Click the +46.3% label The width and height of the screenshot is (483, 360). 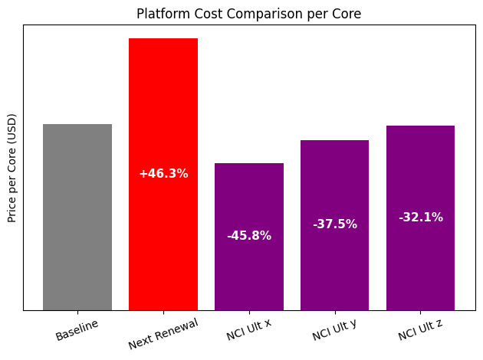click(x=163, y=174)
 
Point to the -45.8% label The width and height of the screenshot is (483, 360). click(x=249, y=236)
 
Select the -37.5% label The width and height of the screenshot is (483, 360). click(x=334, y=224)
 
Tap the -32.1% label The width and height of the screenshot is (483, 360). click(x=420, y=218)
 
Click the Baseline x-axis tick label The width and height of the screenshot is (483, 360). click(x=77, y=329)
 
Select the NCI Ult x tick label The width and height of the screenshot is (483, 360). click(x=248, y=331)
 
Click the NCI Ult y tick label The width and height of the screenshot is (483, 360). click(x=334, y=331)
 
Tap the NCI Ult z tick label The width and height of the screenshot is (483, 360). click(x=420, y=331)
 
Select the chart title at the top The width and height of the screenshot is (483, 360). click(x=248, y=14)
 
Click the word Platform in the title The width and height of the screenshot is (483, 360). click(x=160, y=14)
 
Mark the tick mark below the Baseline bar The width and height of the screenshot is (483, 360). click(x=77, y=313)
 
